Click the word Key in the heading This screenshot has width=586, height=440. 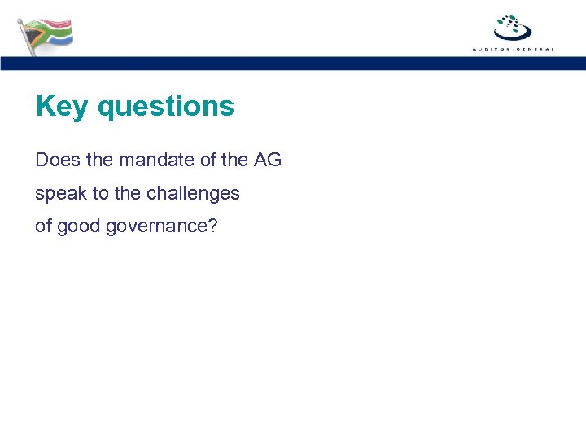(61, 107)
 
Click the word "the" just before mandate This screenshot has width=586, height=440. (99, 161)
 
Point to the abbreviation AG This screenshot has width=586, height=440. (268, 161)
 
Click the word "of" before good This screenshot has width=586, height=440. (43, 227)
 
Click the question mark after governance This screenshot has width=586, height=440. (213, 226)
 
